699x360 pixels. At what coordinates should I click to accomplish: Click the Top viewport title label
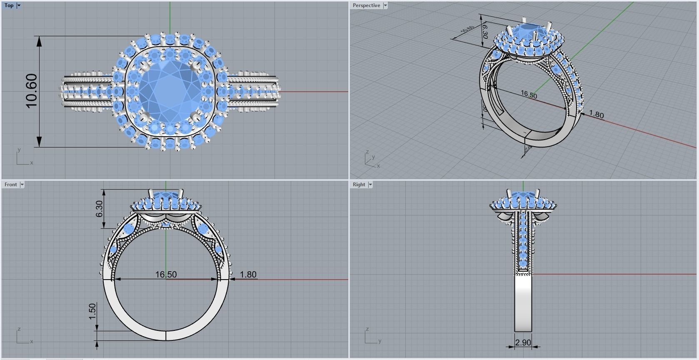(9, 5)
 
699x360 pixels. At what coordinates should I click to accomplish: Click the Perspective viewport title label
(366, 5)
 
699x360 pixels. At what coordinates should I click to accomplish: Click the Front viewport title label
(11, 185)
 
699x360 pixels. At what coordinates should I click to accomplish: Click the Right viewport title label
(359, 185)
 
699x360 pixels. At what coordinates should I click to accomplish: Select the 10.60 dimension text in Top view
(32, 91)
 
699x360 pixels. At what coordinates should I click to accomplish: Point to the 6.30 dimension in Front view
(99, 209)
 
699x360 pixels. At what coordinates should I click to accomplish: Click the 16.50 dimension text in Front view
(166, 275)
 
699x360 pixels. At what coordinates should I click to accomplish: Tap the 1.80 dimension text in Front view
(248, 275)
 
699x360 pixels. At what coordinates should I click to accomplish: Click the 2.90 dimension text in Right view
(523, 342)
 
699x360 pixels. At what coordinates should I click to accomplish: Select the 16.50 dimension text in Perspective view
(529, 95)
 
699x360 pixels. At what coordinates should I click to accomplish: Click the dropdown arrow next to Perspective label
(385, 5)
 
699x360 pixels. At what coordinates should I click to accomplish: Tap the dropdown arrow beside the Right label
(370, 185)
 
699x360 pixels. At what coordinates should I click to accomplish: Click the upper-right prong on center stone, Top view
(194, 66)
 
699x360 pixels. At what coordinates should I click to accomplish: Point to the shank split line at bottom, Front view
(166, 335)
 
